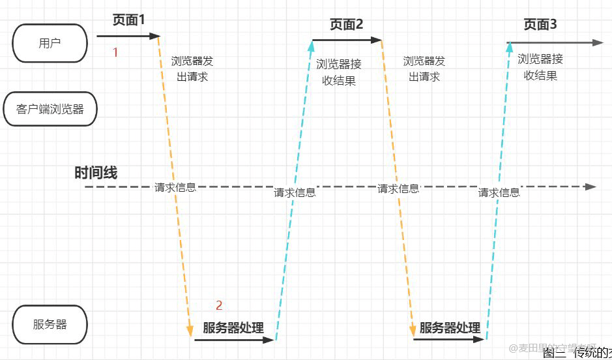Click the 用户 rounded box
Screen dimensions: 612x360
tap(50, 43)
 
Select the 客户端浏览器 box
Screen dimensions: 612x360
tap(50, 109)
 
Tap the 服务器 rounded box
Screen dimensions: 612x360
tap(50, 324)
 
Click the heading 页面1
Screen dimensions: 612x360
tap(128, 20)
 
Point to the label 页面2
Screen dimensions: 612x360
tap(346, 25)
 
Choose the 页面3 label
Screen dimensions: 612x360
tap(540, 25)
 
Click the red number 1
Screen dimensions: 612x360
tap(115, 52)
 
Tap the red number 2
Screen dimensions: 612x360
tap(219, 305)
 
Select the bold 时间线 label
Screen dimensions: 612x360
tap(96, 173)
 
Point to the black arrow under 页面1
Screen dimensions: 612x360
tap(128, 37)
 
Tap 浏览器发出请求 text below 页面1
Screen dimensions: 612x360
tap(192, 68)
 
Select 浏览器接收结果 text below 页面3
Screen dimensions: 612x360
tap(540, 67)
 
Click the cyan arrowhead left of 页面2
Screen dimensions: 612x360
tap(312, 45)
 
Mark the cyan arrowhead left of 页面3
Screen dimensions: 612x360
tap(510, 47)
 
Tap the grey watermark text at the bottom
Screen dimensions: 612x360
tap(553, 348)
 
